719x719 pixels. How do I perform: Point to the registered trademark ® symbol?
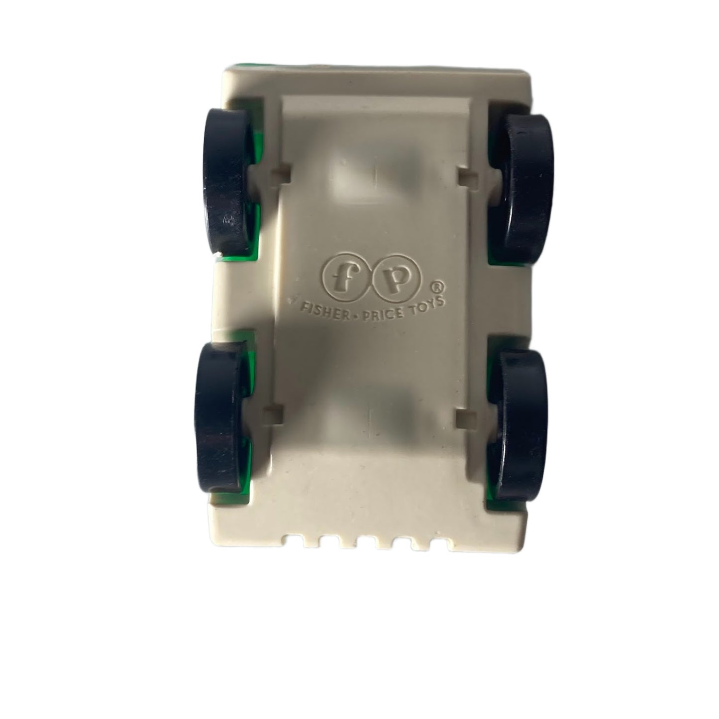(437, 287)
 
